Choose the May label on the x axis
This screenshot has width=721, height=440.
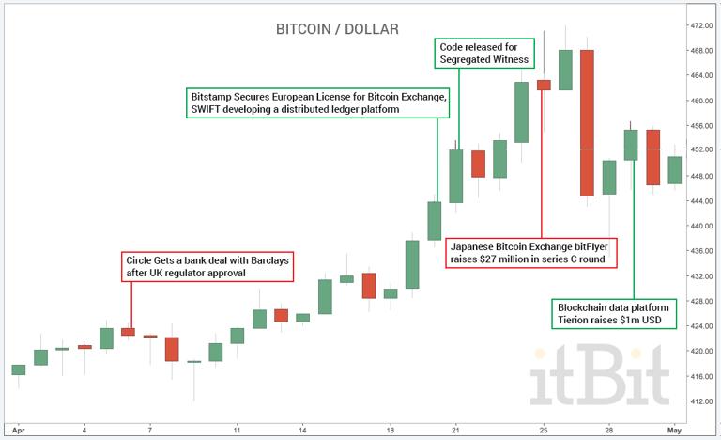tap(674, 429)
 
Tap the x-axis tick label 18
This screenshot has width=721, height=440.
tap(391, 429)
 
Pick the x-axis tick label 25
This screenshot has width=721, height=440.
tap(543, 429)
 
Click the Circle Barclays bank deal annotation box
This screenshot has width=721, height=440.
tap(207, 266)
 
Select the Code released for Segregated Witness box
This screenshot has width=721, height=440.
tap(484, 53)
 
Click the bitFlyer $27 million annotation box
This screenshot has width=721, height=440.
tap(530, 253)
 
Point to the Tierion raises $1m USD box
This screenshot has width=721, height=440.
tap(613, 314)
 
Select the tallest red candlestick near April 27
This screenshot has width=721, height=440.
tap(587, 122)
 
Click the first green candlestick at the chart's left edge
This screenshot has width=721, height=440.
tap(18, 369)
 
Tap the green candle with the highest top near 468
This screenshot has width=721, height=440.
tap(565, 71)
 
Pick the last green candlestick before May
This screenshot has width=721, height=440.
tap(674, 170)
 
